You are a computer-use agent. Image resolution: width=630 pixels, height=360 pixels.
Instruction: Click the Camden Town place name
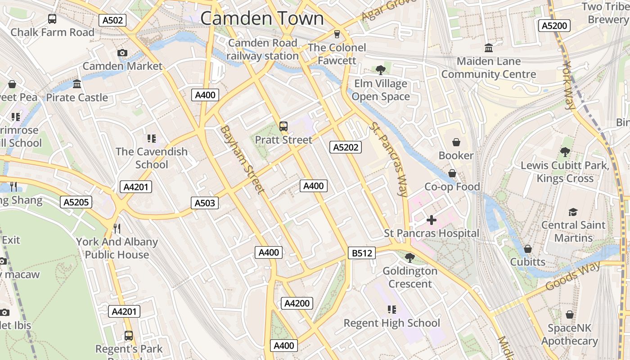pos(262,18)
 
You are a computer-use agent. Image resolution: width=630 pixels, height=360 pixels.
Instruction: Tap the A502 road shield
pos(112,20)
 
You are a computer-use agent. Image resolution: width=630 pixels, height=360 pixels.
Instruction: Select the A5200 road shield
pos(554,26)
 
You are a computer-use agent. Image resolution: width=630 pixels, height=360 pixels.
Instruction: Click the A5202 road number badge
pos(346,147)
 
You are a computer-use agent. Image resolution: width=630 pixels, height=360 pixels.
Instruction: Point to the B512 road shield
pos(362,253)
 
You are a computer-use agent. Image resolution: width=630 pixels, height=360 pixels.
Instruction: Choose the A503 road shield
pos(205,203)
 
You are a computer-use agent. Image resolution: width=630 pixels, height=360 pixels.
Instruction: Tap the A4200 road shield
pos(297,303)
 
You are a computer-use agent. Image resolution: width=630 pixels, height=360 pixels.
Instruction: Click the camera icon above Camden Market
pos(122,53)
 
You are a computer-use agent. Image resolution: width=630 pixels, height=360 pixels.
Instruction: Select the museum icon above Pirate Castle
pos(77,84)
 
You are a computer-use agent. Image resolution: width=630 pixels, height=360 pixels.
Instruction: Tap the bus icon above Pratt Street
pos(283,126)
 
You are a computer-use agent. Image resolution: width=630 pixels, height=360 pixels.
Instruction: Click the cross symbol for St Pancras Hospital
pos(431,220)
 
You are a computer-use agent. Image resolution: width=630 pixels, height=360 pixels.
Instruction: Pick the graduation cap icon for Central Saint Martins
pos(573,212)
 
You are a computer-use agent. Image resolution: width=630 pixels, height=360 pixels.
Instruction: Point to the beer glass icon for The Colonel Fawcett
pos(337,34)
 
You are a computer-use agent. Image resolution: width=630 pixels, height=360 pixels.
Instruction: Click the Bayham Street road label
pos(242,159)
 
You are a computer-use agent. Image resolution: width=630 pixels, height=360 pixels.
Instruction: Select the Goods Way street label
pos(572,276)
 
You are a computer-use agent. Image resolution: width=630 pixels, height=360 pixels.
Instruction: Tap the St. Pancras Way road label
pos(388,159)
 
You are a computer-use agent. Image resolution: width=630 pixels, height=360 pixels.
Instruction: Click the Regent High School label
pos(391,323)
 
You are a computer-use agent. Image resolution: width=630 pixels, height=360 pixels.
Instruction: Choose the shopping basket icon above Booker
pos(456,142)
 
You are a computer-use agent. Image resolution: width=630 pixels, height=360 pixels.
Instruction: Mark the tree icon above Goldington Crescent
pos(409,258)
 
